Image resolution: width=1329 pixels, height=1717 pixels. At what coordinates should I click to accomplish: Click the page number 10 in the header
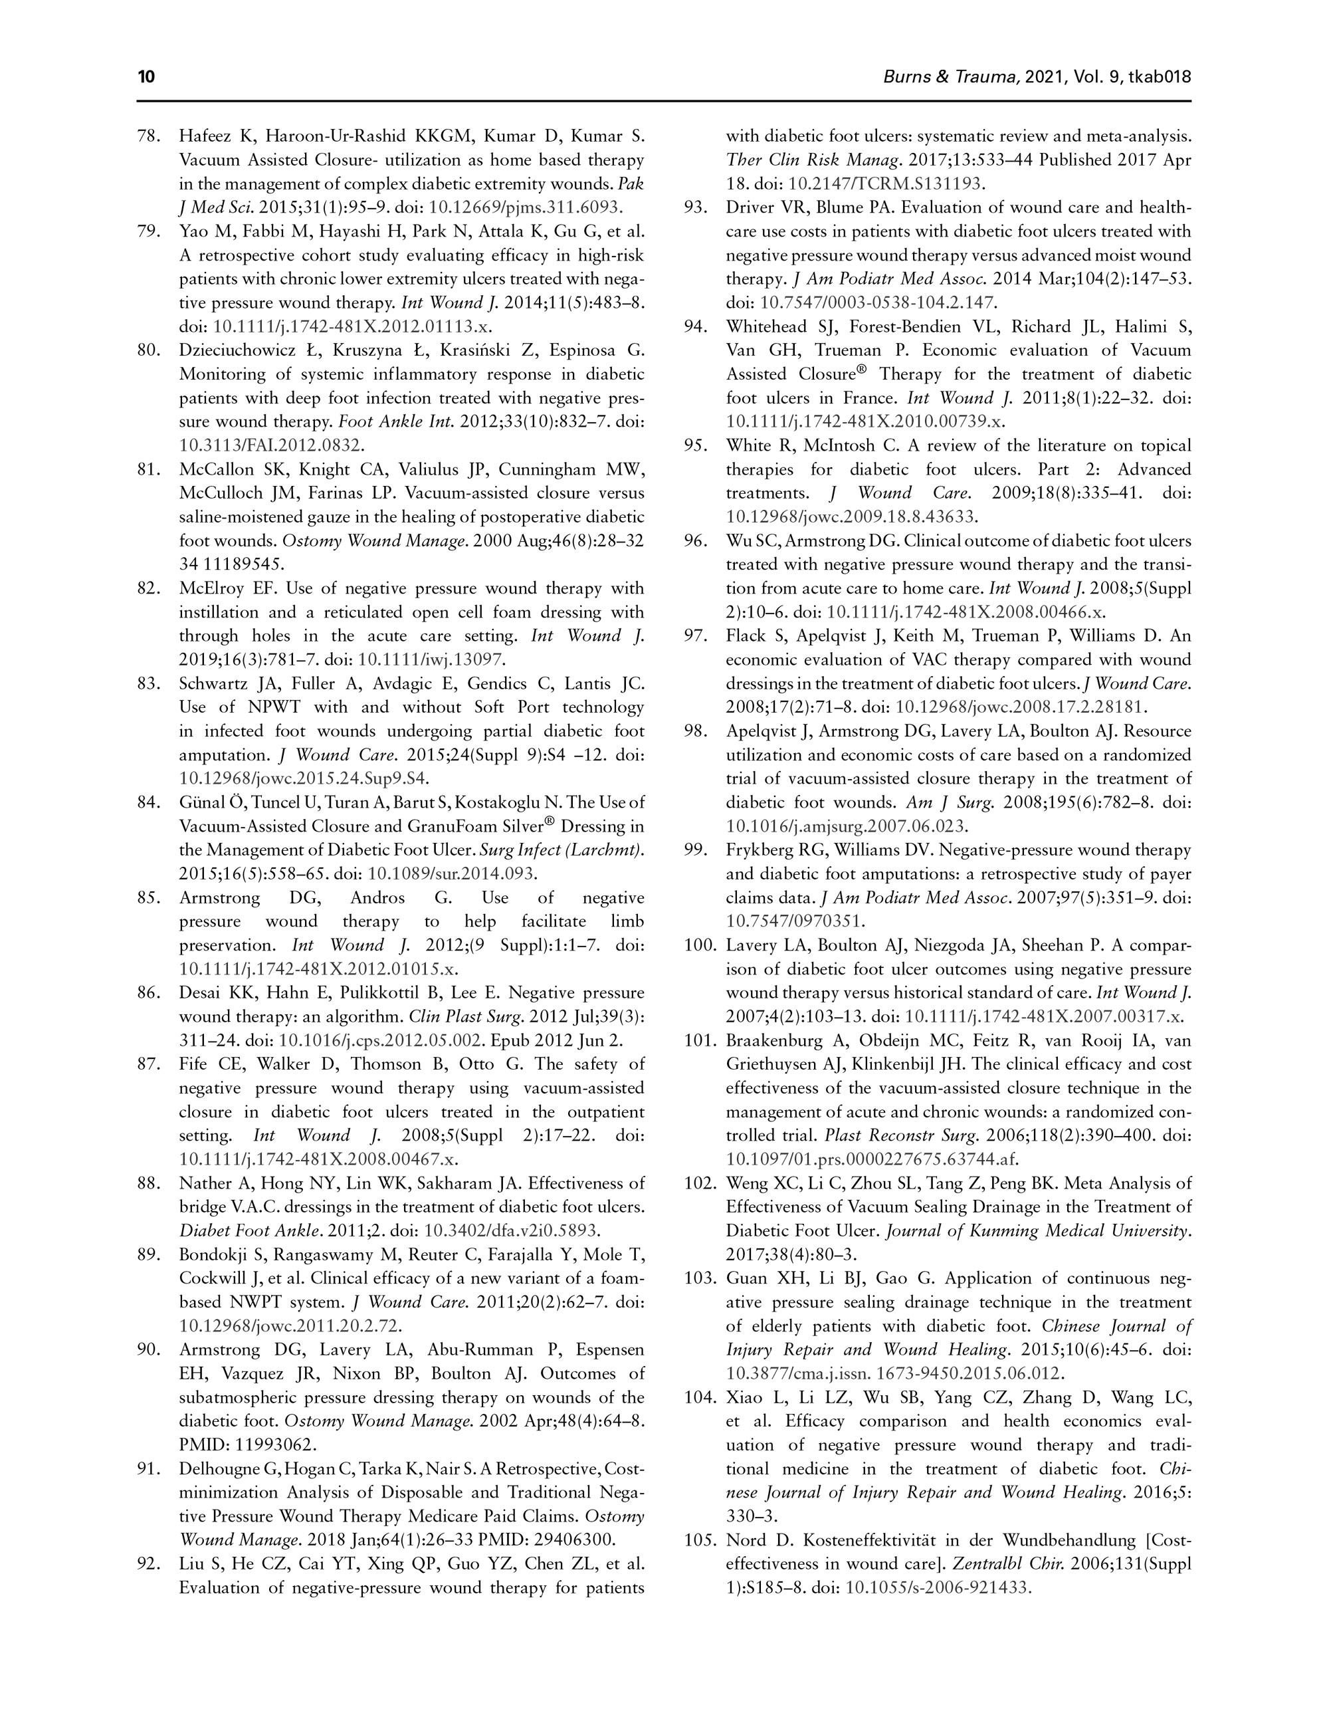pyautogui.click(x=146, y=77)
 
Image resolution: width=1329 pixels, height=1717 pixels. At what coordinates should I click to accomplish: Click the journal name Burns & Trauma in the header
pyautogui.click(x=952, y=77)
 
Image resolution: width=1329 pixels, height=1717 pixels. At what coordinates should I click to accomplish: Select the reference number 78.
pyautogui.click(x=149, y=137)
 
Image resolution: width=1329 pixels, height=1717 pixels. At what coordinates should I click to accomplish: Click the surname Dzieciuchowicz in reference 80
pyautogui.click(x=246, y=350)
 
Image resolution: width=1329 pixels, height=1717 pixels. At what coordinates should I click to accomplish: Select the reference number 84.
pyautogui.click(x=149, y=803)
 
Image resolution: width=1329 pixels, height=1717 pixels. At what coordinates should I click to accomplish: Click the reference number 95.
pyautogui.click(x=695, y=446)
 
